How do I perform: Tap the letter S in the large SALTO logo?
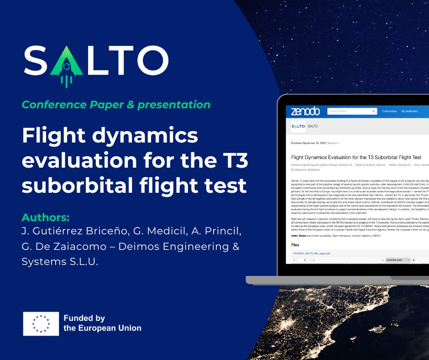38,61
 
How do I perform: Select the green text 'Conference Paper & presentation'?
116,105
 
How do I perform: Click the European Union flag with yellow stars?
41,323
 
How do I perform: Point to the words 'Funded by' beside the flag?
84,318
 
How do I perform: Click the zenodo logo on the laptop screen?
305,111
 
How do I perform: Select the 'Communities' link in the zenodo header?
389,111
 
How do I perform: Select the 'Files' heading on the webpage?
295,245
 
